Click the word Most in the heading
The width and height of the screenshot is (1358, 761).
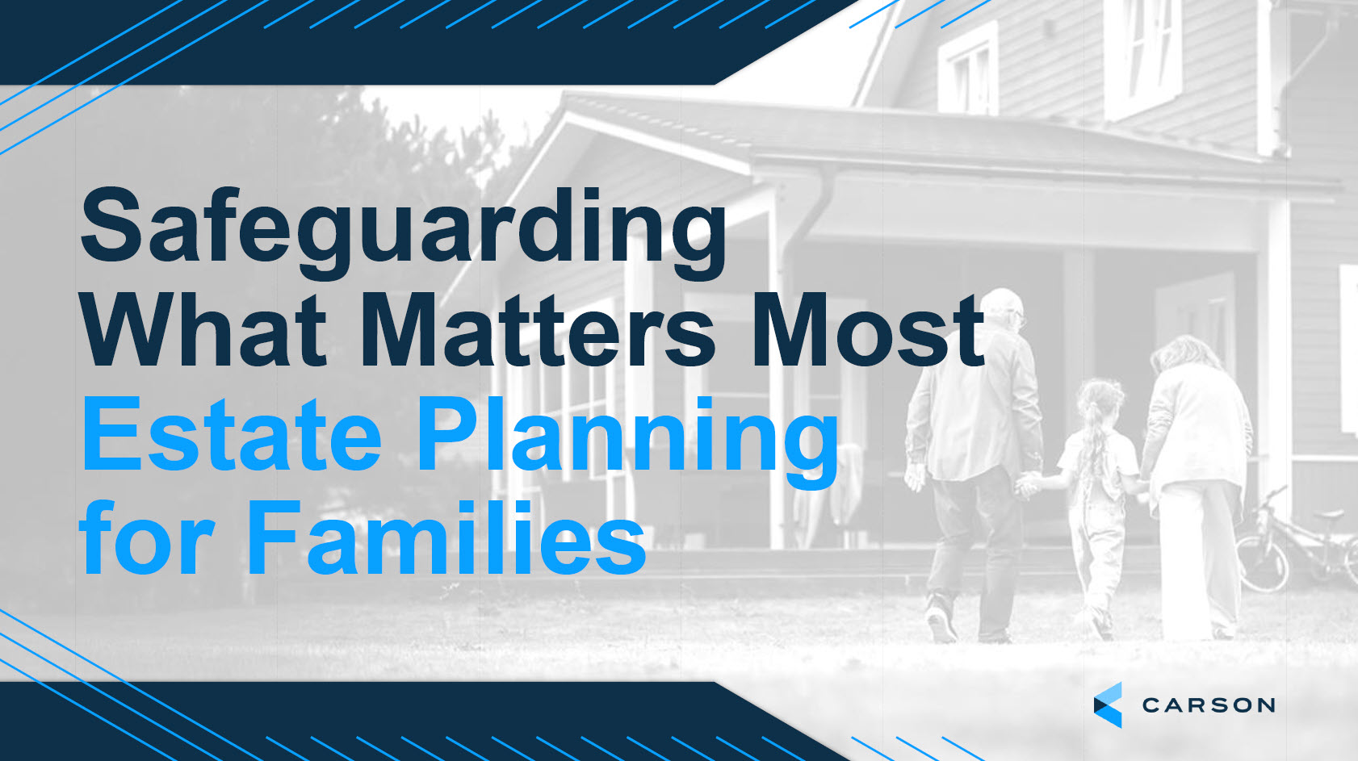pos(868,332)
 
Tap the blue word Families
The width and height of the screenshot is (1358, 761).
pos(446,536)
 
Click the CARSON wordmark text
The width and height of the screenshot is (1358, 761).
pos(1209,705)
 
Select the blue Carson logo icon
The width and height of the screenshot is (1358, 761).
pos(1109,705)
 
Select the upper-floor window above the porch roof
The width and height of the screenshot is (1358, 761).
pos(968,68)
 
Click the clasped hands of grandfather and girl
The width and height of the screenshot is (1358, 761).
pos(1029,484)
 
